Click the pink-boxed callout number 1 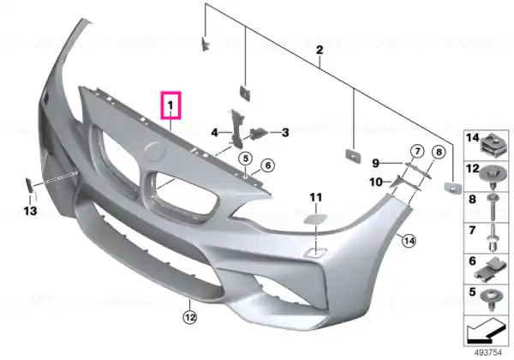170,105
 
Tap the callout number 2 320,51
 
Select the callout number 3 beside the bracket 285,133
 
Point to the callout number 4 214,133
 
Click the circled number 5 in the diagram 246,159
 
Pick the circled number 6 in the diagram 268,165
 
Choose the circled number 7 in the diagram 417,152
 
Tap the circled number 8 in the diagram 439,152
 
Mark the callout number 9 376,163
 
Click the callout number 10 376,182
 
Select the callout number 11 316,197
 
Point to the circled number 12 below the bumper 190,317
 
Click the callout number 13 30,211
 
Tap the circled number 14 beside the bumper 409,242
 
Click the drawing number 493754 487,353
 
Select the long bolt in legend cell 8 493,207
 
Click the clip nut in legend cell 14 494,144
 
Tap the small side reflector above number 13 29,184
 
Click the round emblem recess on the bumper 155,152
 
